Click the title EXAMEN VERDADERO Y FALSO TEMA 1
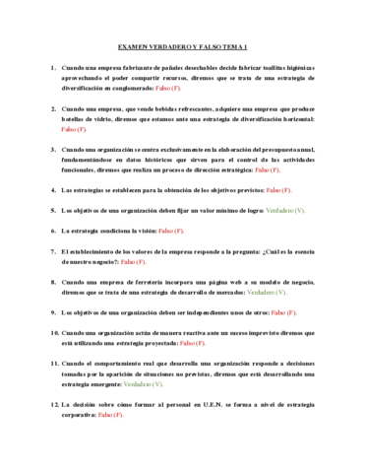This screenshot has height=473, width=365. [x=182, y=46]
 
